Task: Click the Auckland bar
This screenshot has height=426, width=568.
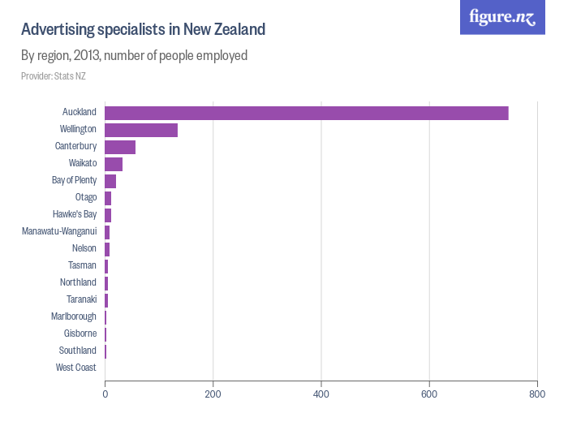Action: click(307, 113)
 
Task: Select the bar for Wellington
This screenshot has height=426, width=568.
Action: click(141, 130)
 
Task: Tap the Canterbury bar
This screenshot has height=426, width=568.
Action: click(120, 147)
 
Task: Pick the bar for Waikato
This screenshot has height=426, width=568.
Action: click(114, 164)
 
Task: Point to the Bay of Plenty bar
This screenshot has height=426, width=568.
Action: click(110, 181)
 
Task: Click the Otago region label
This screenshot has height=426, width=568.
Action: click(86, 197)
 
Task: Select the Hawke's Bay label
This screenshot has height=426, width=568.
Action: click(75, 214)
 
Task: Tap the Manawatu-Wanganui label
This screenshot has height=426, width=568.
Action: click(60, 231)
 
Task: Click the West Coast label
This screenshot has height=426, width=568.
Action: click(76, 368)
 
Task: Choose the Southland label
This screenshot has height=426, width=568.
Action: click(78, 351)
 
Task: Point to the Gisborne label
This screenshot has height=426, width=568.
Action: click(80, 333)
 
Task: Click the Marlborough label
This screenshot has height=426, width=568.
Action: click(74, 316)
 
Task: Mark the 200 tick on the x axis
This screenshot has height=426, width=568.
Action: click(213, 394)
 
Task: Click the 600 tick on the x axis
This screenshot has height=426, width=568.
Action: click(429, 394)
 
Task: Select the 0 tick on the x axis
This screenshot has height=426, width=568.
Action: click(105, 394)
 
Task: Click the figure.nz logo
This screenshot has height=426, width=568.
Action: click(502, 17)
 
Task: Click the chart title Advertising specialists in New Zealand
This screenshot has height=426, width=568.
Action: click(143, 30)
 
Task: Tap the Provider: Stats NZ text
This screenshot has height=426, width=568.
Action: click(53, 76)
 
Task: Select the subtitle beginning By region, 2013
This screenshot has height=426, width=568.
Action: click(134, 56)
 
